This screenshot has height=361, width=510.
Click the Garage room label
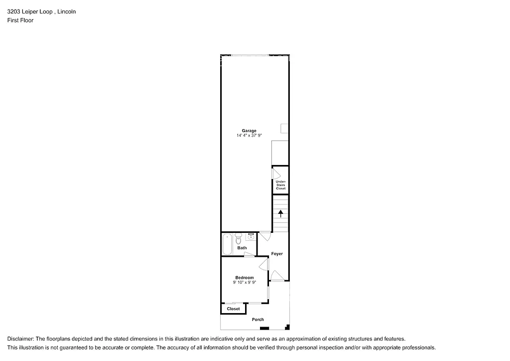point(249,131)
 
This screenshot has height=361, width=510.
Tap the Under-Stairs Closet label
point(280,185)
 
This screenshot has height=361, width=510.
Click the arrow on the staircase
point(280,214)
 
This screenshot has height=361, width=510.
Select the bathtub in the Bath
point(227,244)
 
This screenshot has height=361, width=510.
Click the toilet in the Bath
point(239,239)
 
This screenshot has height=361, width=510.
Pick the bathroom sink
point(251,236)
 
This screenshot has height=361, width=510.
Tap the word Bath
point(242,248)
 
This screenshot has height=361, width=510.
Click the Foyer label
point(277,254)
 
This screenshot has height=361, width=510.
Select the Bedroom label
point(245,278)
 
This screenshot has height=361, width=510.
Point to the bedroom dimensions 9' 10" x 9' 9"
point(245,283)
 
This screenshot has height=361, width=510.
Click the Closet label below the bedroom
point(233,309)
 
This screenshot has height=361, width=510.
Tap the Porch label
point(257,320)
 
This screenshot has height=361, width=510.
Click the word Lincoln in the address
point(67,11)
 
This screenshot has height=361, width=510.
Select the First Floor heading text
point(20,20)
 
